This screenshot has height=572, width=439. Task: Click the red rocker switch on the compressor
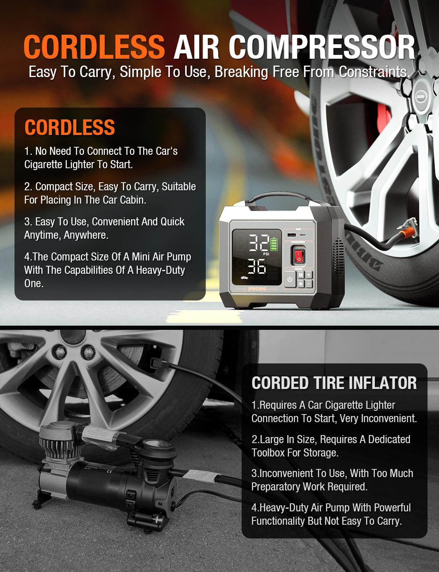click(x=299, y=255)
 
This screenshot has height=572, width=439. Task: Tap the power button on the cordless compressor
click(x=290, y=279)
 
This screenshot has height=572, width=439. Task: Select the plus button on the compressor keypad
click(x=308, y=275)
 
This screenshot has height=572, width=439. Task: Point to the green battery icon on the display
click(x=274, y=244)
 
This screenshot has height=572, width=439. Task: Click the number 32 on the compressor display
click(x=259, y=243)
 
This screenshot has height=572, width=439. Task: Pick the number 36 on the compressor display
click(x=257, y=267)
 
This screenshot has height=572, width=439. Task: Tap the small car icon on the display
click(x=244, y=278)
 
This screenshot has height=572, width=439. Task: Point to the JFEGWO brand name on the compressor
click(x=257, y=289)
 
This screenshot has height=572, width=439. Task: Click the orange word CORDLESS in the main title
click(x=94, y=47)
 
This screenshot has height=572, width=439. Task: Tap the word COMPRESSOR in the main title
click(x=321, y=47)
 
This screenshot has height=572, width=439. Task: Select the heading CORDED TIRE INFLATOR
click(x=334, y=383)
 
